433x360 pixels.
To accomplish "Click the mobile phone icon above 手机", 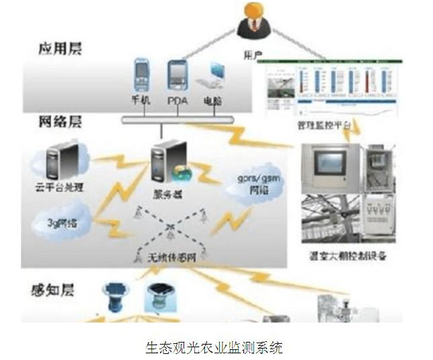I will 140,75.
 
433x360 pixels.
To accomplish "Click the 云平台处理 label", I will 61,187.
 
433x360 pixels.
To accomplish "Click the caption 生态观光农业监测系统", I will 214,348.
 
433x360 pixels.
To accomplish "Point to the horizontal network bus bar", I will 178,120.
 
